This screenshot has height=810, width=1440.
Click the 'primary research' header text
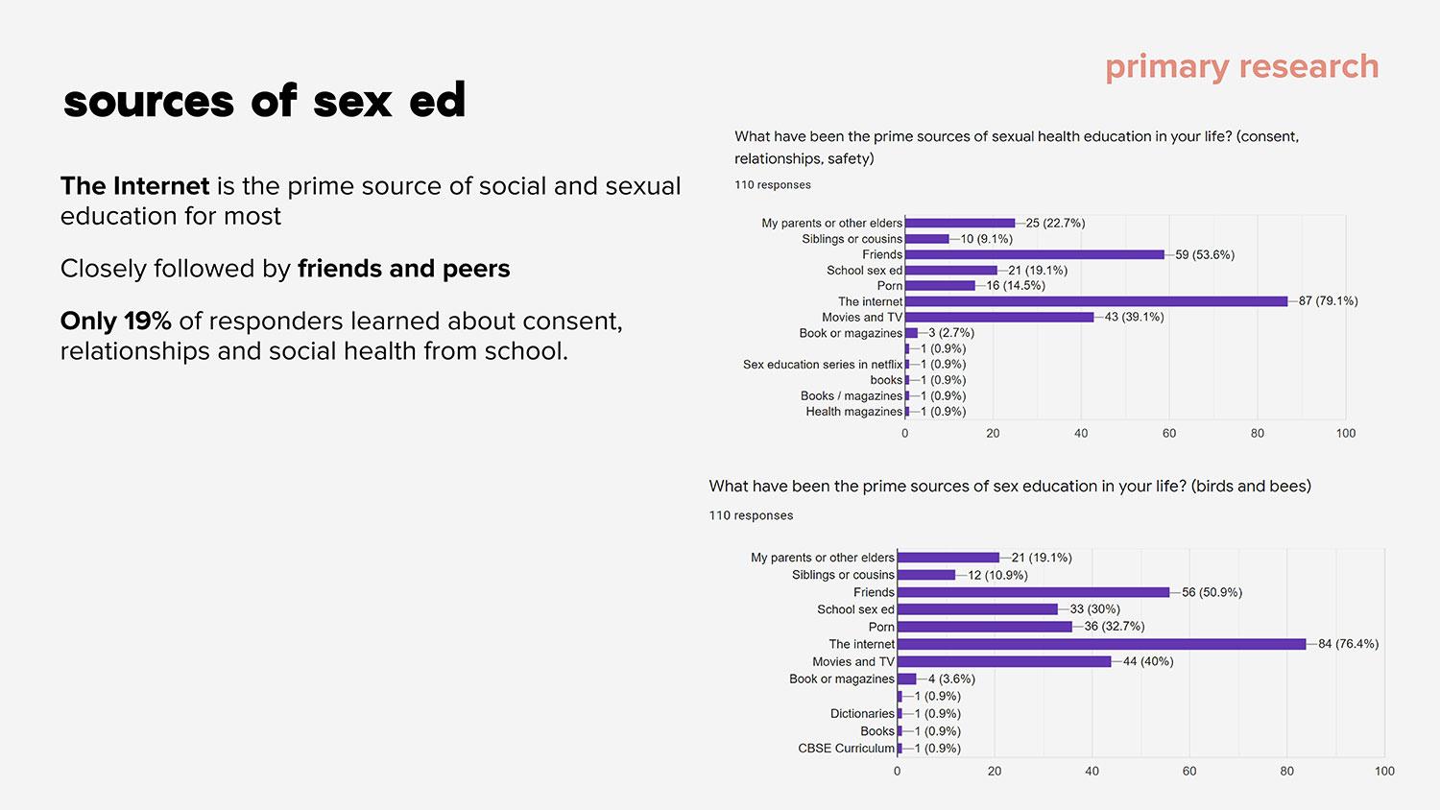(1241, 67)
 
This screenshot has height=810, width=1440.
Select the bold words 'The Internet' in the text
(134, 186)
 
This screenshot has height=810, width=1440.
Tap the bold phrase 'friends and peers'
(403, 269)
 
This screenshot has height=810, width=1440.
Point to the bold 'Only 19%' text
(115, 321)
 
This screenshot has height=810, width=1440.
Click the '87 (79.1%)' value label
(1328, 301)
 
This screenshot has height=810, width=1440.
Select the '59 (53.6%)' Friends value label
(1205, 254)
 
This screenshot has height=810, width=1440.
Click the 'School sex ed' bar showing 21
(950, 271)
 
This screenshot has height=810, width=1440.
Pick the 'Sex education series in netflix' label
(823, 365)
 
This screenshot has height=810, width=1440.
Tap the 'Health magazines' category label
(853, 412)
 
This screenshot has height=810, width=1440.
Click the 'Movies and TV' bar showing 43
(998, 317)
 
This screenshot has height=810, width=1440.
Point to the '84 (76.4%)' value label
(1348, 644)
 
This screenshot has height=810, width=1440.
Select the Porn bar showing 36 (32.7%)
(984, 627)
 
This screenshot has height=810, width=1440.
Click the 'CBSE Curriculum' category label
(846, 749)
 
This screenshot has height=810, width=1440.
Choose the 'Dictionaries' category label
(862, 714)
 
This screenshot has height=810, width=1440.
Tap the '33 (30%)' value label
(1094, 609)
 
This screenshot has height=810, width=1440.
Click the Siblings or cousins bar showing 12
(926, 575)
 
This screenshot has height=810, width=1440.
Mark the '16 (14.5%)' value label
(1016, 286)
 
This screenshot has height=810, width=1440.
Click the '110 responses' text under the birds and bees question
(751, 515)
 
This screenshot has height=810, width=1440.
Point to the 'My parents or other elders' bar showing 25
(959, 223)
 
